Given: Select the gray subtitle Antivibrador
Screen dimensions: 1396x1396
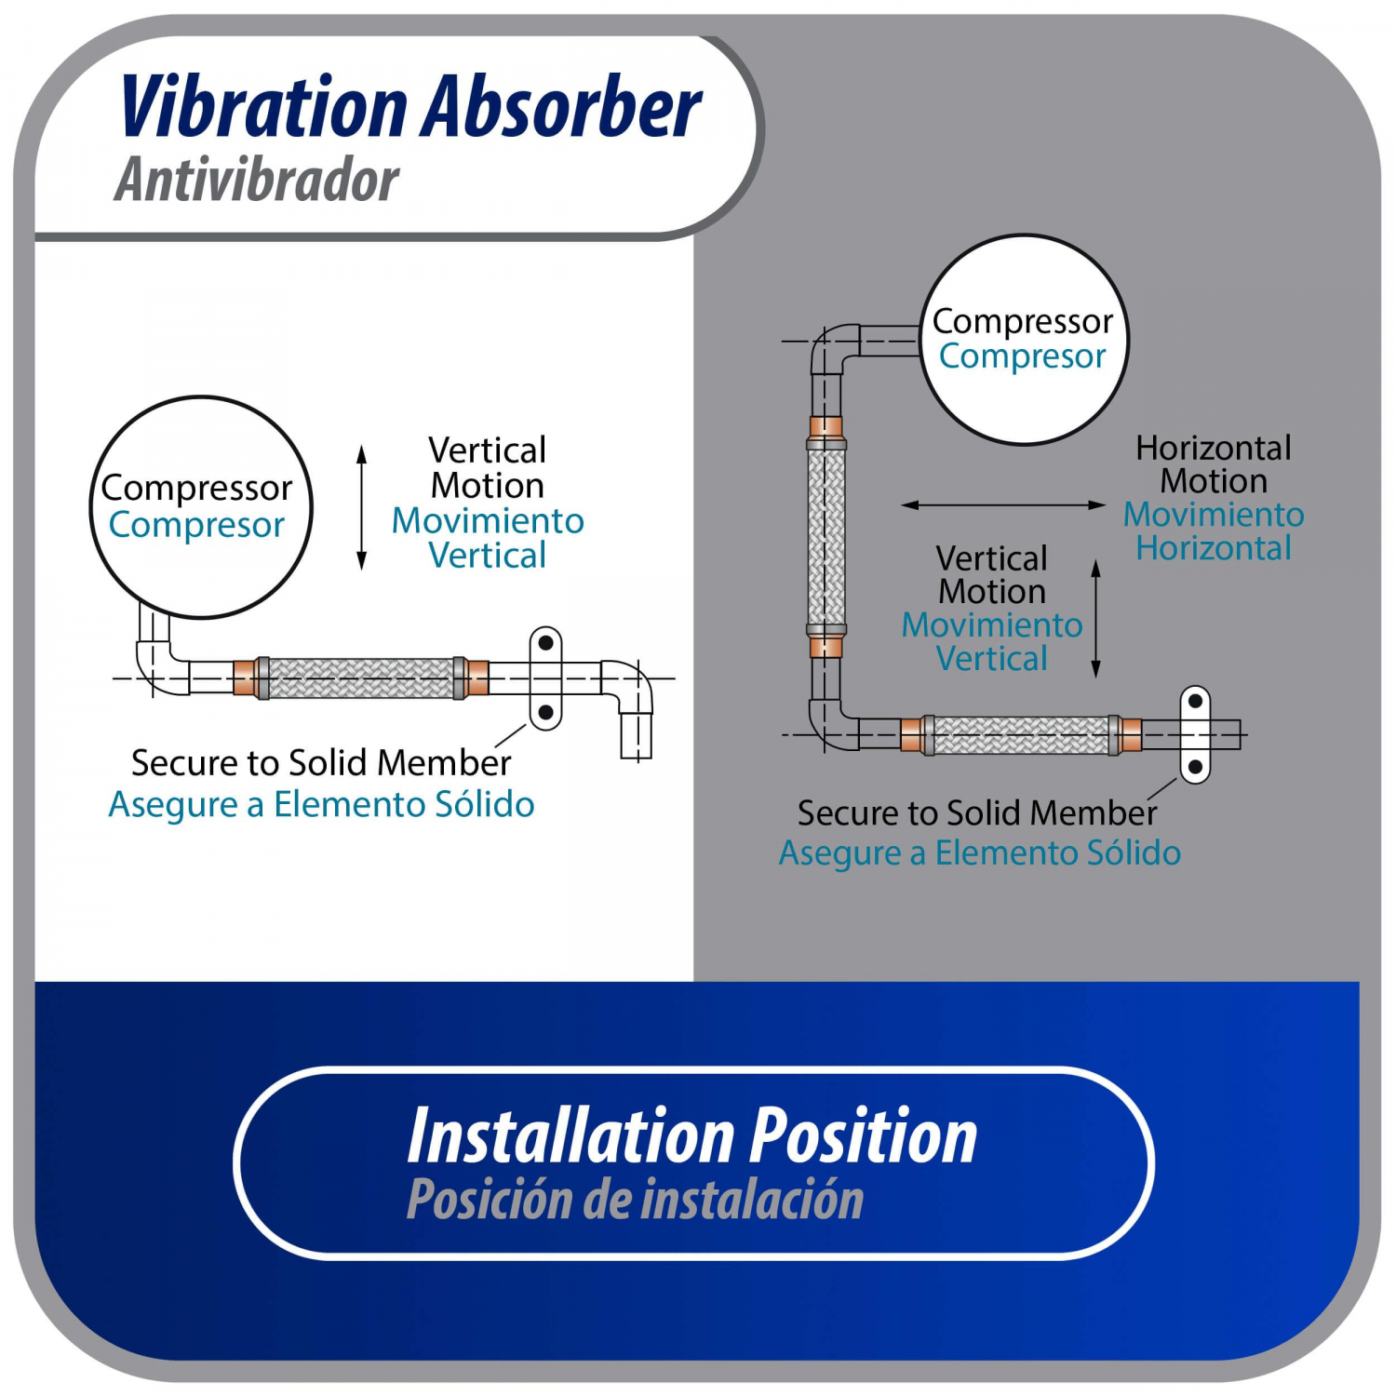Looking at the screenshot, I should coord(257,179).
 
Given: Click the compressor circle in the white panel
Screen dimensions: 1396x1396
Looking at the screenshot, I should coord(201,507).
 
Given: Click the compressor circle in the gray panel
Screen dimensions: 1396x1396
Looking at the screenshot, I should coord(1024,339).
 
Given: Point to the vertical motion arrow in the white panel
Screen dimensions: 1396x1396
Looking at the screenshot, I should coord(362,507).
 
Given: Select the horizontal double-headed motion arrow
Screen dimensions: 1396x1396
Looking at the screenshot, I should coord(1003,504).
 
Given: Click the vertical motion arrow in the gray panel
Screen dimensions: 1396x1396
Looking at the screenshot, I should coord(1095,618).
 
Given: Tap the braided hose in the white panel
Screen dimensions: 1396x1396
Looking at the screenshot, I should coord(361,678).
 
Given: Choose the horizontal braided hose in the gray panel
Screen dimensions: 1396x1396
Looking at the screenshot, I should coord(1021,735).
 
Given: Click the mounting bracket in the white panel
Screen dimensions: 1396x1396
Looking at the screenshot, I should coord(545,678).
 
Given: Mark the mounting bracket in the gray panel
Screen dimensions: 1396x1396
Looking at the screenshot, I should coord(1195,735).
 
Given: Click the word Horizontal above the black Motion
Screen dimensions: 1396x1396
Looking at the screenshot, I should coord(1214,448).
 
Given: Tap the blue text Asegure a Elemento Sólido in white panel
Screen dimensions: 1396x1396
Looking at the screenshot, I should coord(321,804).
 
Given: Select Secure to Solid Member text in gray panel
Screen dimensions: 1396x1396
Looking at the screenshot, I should coord(977,812).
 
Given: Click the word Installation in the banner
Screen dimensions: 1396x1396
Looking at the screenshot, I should coord(571,1136).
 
